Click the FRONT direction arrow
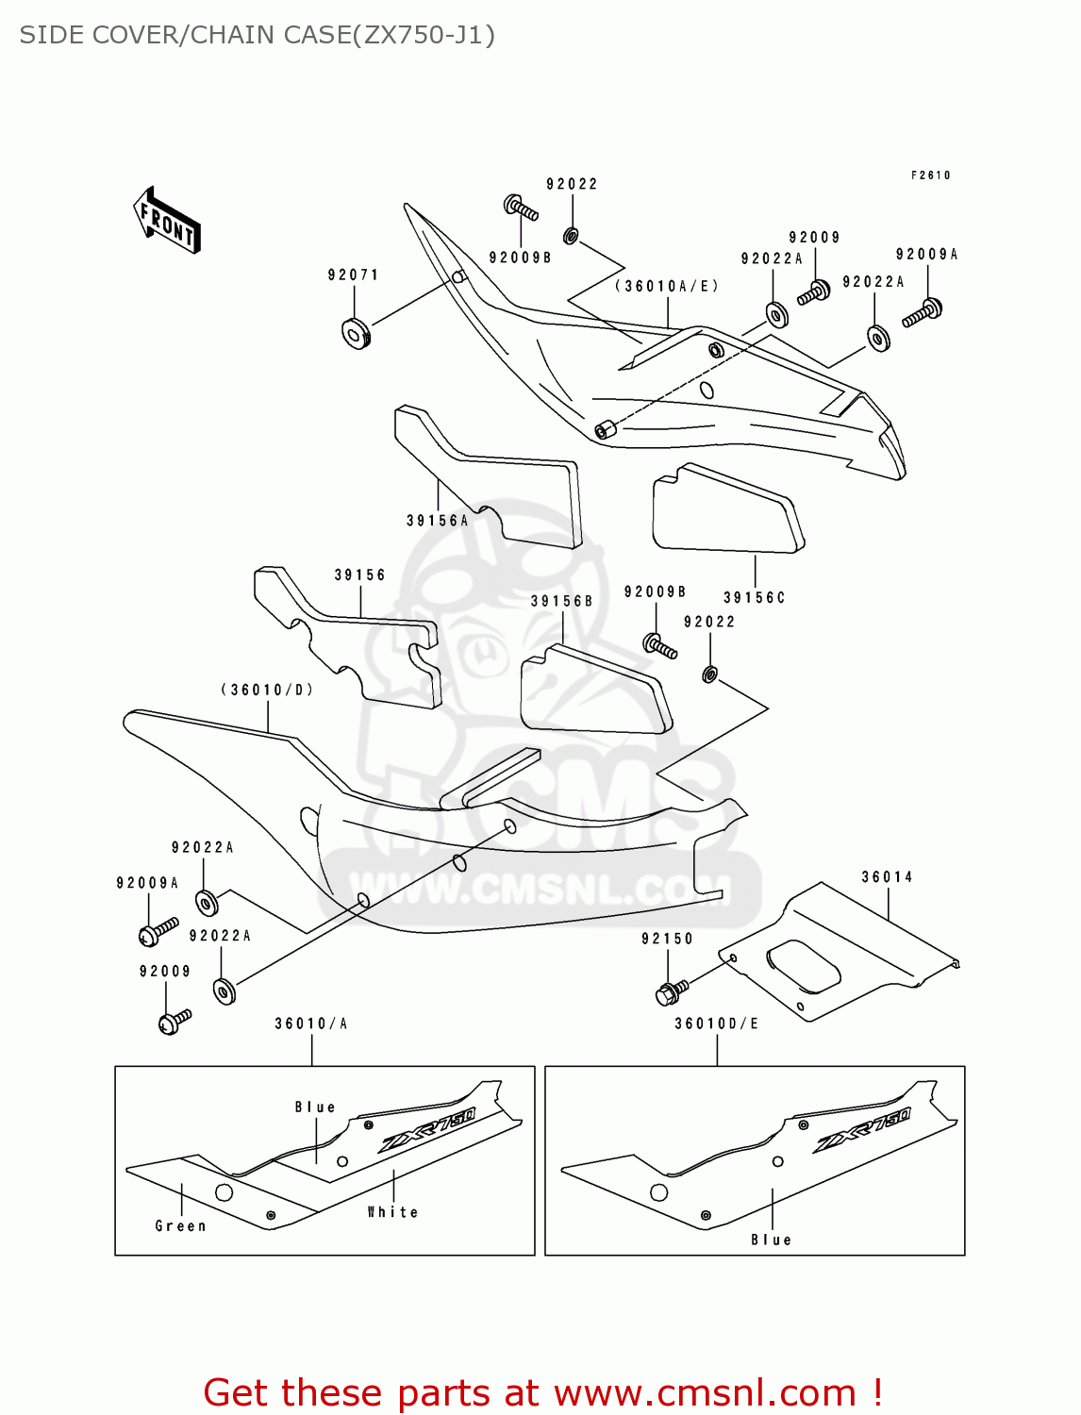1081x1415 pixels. click(167, 221)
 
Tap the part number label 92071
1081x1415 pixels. click(353, 275)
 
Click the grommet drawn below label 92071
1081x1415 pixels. click(355, 332)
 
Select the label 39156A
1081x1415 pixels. click(437, 520)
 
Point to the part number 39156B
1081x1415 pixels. click(561, 601)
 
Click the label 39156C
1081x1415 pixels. click(754, 597)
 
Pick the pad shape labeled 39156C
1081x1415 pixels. click(727, 508)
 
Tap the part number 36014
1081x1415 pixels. click(887, 876)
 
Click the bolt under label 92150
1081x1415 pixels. click(671, 992)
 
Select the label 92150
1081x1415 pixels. click(667, 939)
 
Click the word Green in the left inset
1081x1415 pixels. click(180, 1225)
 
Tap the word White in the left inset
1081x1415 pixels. click(392, 1211)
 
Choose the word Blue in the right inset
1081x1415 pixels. click(771, 1240)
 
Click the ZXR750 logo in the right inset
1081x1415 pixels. click(861, 1129)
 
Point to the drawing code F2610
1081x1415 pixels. click(930, 175)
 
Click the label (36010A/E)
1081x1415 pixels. click(667, 286)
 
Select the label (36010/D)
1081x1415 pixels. click(267, 690)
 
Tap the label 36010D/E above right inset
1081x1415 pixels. click(716, 1024)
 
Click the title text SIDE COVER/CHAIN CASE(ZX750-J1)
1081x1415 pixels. click(257, 35)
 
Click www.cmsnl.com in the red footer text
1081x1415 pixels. click(704, 1392)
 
